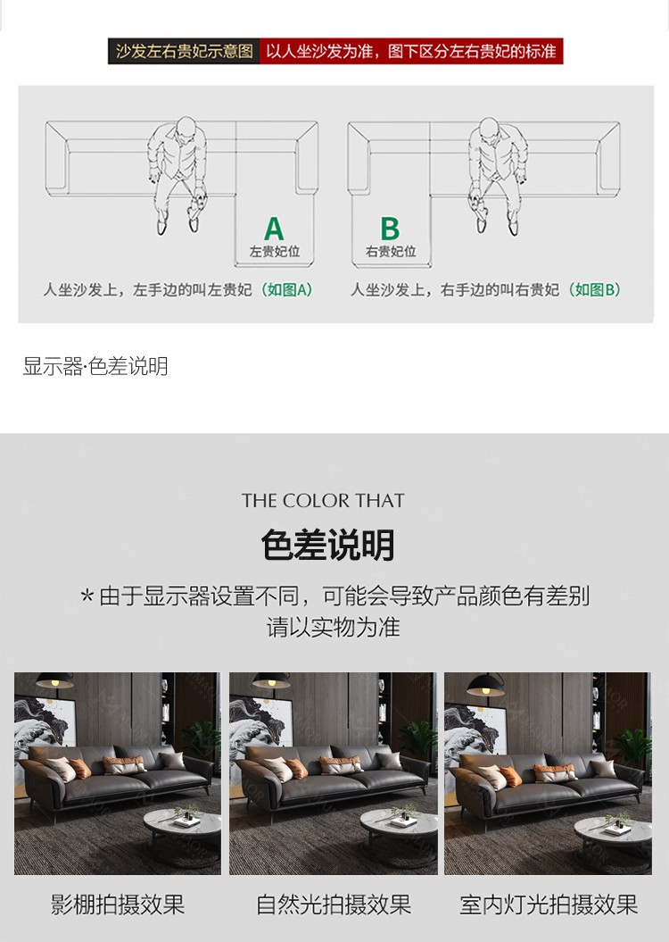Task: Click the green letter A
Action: click(274, 229)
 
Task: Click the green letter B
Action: click(390, 229)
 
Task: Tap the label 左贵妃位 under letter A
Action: click(275, 252)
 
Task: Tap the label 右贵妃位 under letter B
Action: click(391, 252)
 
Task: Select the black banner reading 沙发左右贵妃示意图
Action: click(185, 51)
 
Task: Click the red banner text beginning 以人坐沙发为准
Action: click(411, 51)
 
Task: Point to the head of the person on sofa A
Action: click(186, 128)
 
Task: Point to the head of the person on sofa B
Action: click(489, 129)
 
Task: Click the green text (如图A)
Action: click(287, 290)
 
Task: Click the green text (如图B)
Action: click(594, 290)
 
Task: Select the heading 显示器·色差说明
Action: click(95, 366)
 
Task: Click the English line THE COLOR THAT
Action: click(324, 500)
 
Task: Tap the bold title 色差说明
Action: click(327, 545)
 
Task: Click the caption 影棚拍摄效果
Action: click(118, 904)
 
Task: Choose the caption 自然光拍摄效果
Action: click(334, 904)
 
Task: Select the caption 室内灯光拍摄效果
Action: click(549, 904)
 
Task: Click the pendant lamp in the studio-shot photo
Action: click(54, 680)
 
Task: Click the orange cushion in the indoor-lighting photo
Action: click(510, 776)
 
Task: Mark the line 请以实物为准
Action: click(334, 627)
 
